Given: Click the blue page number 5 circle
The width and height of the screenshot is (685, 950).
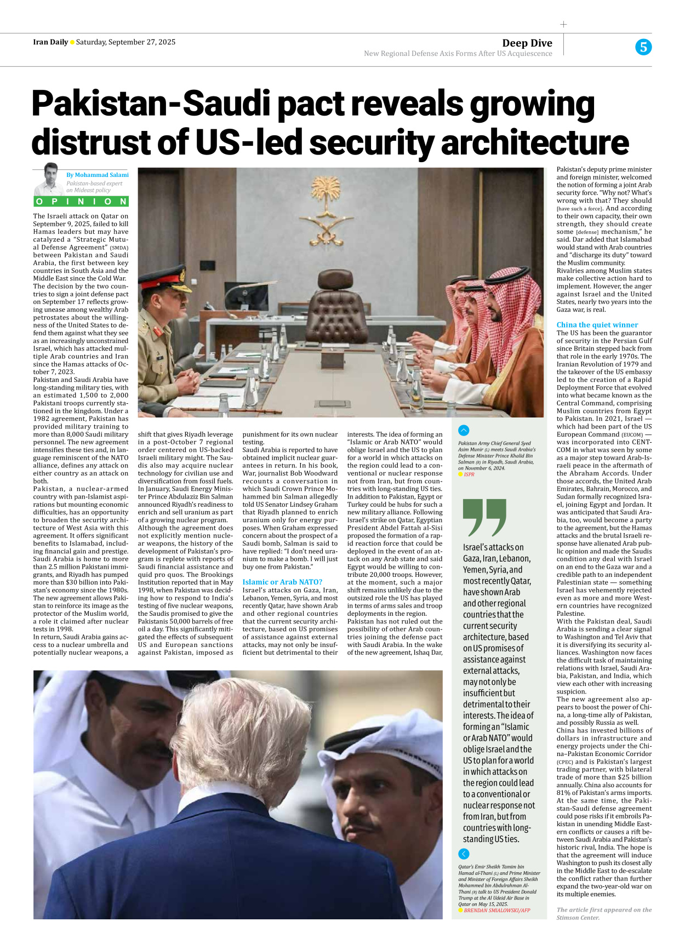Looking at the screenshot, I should tap(643, 47).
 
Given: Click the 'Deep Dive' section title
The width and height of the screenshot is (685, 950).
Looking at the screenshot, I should tap(527, 43).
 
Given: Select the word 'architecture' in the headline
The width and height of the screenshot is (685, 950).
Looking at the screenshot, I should tap(534, 142).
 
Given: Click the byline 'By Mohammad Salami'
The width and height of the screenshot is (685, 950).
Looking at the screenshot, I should tap(98, 175).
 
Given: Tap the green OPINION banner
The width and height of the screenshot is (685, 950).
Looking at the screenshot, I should tap(81, 201).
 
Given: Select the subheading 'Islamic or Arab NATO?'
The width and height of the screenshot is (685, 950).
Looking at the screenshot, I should tap(282, 582).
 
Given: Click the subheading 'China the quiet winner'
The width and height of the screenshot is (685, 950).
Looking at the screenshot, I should tap(597, 325).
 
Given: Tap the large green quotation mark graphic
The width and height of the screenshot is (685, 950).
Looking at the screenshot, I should tap(484, 517).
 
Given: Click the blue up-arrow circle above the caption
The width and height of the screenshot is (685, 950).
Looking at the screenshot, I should tap(464, 431).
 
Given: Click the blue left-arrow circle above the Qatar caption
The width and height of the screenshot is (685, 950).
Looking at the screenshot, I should tap(464, 854).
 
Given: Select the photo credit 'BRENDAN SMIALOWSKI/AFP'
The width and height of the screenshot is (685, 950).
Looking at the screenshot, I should tap(496, 911).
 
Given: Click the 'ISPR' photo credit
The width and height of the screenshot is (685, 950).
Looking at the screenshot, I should tap(469, 474).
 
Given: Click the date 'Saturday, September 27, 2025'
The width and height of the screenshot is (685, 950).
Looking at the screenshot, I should tap(125, 42).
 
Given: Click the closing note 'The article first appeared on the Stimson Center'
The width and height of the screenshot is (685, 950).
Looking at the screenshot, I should tap(604, 913).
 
